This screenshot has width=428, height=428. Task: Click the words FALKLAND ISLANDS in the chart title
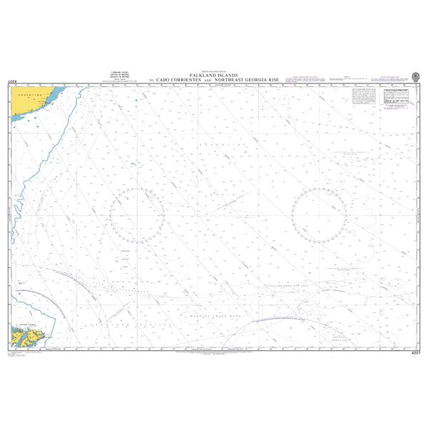click(x=213, y=75)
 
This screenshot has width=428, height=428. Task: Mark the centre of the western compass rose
click(x=137, y=214)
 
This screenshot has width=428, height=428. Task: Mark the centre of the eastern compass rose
click(x=319, y=214)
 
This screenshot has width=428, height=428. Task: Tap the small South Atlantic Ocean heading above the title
click(x=213, y=70)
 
